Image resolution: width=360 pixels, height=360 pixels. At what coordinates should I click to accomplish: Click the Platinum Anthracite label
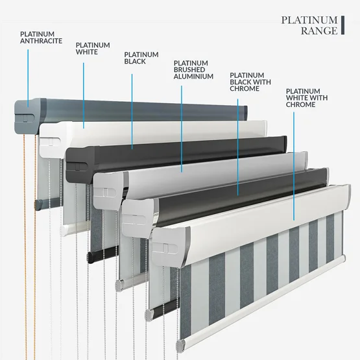click(x=41, y=38)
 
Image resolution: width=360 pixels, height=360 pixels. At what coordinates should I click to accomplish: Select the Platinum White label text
click(x=93, y=49)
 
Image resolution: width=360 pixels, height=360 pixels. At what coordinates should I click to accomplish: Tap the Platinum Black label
click(x=141, y=58)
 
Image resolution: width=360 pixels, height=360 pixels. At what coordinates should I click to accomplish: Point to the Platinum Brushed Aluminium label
click(x=193, y=70)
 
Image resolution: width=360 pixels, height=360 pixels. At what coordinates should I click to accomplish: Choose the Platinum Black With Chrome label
click(x=250, y=82)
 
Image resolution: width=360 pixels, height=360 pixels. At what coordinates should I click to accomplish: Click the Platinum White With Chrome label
click(x=307, y=98)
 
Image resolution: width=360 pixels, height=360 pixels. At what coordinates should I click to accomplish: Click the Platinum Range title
click(x=309, y=25)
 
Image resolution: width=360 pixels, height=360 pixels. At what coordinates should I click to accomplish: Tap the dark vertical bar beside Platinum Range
click(x=342, y=25)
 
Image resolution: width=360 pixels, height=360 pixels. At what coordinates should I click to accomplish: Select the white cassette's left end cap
click(x=53, y=139)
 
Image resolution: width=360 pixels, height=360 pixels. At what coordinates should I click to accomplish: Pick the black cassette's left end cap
click(x=79, y=164)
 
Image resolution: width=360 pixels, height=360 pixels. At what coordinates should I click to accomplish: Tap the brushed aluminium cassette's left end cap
click(x=109, y=190)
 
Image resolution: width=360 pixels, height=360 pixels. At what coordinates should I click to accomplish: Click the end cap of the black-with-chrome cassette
click(x=138, y=217)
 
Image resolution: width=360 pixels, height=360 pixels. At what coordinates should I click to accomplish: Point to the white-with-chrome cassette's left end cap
click(x=169, y=246)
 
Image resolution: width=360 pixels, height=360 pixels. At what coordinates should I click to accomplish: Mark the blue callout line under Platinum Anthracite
click(x=28, y=78)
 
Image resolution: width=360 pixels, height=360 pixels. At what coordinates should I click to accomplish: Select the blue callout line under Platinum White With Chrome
click(x=294, y=166)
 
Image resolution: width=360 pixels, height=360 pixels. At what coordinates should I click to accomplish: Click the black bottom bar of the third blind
click(x=102, y=254)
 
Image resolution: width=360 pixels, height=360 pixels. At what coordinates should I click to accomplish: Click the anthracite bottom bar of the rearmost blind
click(x=47, y=204)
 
